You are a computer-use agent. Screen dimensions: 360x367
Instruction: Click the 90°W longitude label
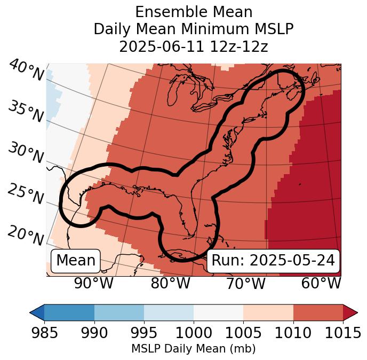(94, 283)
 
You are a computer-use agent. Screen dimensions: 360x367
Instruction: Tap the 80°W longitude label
(170, 283)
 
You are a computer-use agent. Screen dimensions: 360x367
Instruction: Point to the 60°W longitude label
(321, 283)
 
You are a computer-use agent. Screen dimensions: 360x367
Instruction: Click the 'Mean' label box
(76, 261)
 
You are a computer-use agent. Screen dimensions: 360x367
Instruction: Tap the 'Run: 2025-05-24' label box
(273, 261)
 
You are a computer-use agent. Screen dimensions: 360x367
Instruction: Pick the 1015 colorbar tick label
(343, 333)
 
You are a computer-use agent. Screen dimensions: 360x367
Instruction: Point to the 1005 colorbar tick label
(243, 333)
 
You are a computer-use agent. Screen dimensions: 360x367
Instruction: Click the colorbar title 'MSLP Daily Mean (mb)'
(194, 349)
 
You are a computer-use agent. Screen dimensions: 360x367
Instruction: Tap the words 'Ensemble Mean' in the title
(194, 12)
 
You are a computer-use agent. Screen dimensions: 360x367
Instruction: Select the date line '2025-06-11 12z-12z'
(194, 47)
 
